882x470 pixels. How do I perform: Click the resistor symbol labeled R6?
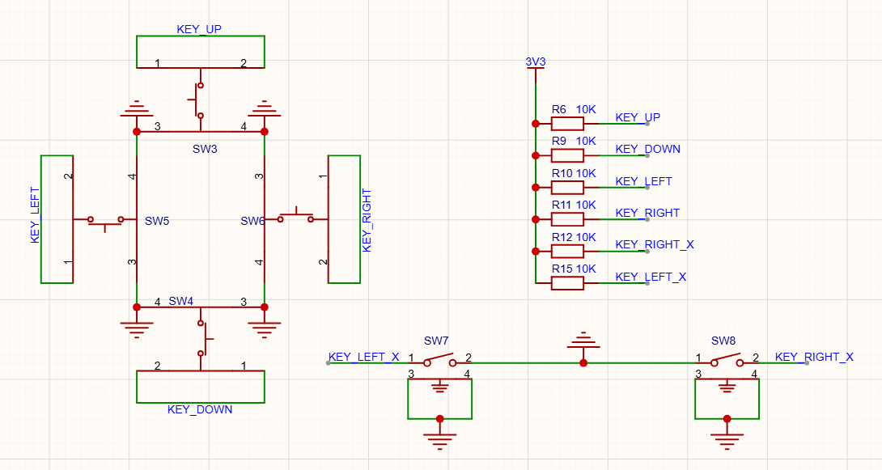(x=567, y=124)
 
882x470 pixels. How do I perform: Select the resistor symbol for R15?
(x=567, y=283)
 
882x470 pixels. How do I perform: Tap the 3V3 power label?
(x=536, y=61)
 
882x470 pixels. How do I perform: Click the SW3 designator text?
(x=205, y=149)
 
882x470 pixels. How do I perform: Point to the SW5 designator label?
(x=157, y=221)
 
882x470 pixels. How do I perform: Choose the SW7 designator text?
(x=436, y=341)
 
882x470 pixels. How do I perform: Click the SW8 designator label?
(x=723, y=341)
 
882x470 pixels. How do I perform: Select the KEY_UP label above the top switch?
(x=199, y=29)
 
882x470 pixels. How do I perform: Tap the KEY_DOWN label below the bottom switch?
(x=200, y=409)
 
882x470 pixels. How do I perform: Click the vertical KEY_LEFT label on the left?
(x=35, y=215)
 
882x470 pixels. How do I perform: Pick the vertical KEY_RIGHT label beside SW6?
(x=367, y=220)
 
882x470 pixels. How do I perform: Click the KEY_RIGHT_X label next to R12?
(x=655, y=244)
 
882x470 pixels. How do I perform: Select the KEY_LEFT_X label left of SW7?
(x=364, y=357)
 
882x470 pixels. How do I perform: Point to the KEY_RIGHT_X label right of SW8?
(x=814, y=357)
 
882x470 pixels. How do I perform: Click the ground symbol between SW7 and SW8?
(x=583, y=340)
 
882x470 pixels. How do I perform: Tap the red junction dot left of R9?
(x=536, y=156)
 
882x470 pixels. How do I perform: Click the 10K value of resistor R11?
(x=586, y=205)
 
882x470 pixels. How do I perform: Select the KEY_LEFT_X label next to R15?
(x=651, y=277)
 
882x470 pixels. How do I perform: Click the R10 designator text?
(x=562, y=174)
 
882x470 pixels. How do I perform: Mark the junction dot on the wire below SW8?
(x=727, y=419)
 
